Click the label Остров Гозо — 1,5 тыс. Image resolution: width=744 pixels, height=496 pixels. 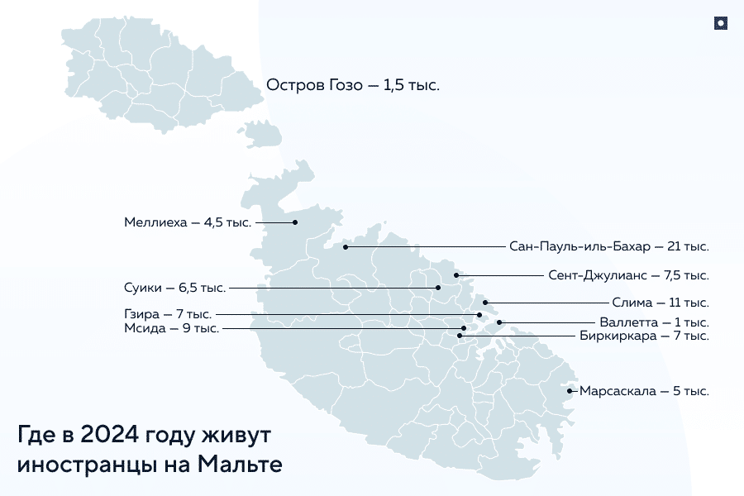point(352,84)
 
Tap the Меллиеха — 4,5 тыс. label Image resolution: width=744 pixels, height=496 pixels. point(188,222)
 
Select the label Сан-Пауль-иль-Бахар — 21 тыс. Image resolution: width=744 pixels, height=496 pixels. point(609,246)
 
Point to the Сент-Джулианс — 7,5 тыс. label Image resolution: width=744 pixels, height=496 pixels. point(628,274)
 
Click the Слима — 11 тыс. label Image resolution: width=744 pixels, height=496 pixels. point(661,303)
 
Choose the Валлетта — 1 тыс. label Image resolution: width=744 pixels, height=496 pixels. point(653,322)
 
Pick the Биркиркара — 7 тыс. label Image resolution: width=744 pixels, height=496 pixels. point(644,336)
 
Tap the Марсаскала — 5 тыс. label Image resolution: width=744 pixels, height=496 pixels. point(644,391)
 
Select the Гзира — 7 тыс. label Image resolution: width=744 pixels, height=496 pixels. point(168,314)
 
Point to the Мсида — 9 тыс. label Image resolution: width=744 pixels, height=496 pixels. point(171,328)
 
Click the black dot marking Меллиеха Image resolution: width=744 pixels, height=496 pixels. point(295,222)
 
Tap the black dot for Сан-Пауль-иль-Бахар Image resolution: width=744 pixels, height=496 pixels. point(346,247)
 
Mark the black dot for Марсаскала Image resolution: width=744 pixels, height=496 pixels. point(570,391)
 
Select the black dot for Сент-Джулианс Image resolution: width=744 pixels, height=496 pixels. point(455,274)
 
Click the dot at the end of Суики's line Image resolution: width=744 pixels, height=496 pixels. point(439,288)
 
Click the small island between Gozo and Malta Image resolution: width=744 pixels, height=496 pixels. point(261,135)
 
